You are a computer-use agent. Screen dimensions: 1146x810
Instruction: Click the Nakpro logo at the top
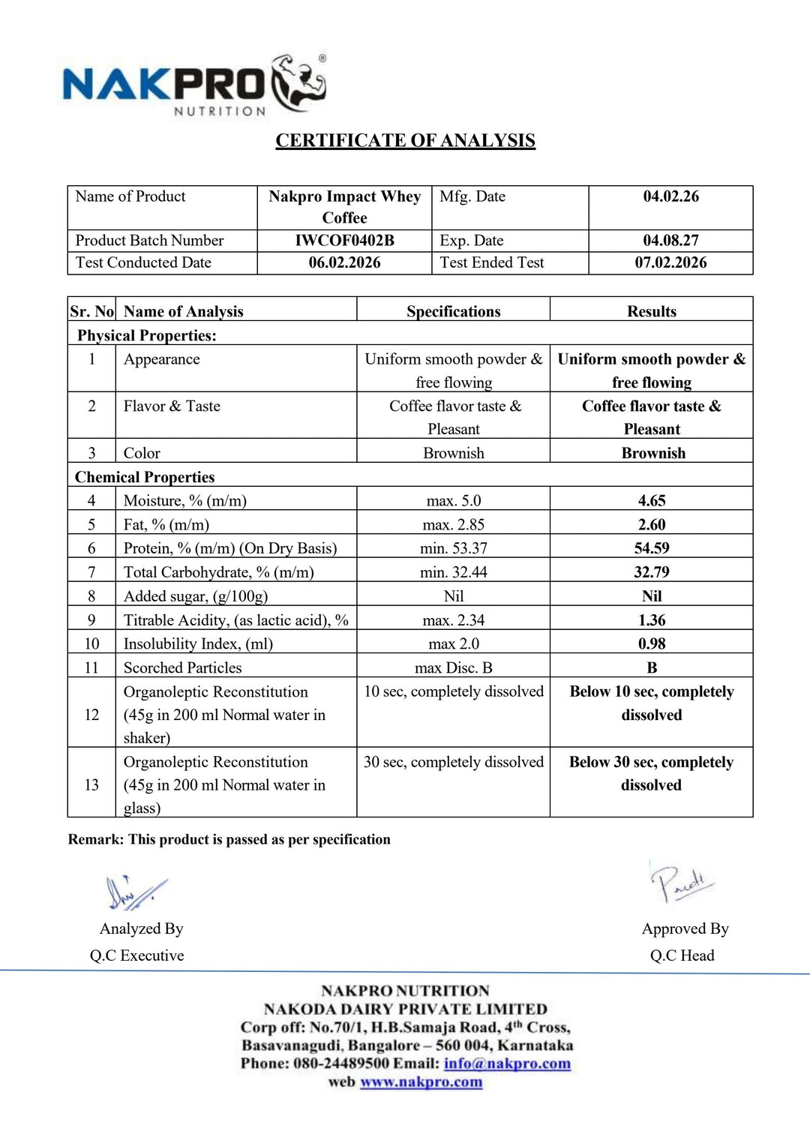coord(193,85)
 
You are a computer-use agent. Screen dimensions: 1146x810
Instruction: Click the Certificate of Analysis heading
coord(405,141)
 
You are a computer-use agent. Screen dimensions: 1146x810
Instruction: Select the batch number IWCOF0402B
coord(344,241)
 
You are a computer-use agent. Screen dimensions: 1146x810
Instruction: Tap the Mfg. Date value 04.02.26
coord(670,196)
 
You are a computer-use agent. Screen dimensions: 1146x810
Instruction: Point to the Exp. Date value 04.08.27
coord(670,241)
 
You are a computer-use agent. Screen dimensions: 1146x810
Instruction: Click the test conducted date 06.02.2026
coord(344,262)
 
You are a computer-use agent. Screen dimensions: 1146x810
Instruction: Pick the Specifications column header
coord(453,311)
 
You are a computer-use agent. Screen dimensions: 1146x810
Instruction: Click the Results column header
coord(651,311)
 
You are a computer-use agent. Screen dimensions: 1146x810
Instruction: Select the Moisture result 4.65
coord(651,500)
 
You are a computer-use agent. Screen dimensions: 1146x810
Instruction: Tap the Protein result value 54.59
coord(651,548)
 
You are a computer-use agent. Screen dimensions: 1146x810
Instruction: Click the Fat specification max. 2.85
coord(453,524)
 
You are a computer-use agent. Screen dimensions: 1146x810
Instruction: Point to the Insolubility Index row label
coord(198,643)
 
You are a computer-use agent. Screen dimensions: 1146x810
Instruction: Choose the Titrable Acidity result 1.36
coord(651,620)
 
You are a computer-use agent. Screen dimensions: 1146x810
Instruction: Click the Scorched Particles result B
coord(651,667)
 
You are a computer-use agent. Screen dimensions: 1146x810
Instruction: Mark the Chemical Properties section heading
coord(145,477)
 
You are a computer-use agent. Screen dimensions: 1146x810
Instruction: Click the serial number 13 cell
coord(91,784)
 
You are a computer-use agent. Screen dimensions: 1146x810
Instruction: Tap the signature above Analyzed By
coord(136,892)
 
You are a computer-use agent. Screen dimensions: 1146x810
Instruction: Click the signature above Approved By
coord(681,883)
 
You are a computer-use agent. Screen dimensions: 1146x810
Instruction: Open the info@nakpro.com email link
coord(507,1063)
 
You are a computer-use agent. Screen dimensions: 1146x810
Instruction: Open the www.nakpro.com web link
coord(421,1082)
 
